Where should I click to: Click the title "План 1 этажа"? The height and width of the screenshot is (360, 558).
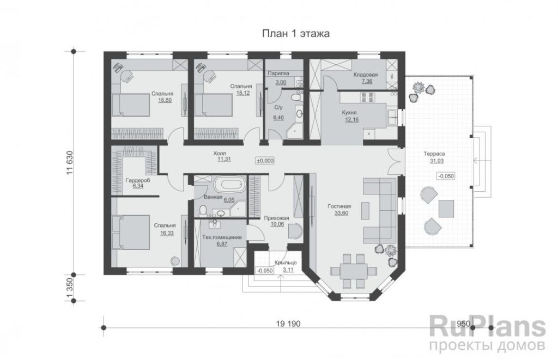pos(296,33)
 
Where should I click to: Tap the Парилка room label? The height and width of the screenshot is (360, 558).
pos(278,74)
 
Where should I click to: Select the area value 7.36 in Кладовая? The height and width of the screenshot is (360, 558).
pos(366,82)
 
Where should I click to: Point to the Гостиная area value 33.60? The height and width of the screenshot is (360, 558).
pos(341,213)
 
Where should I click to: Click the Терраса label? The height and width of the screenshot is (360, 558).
pos(434,154)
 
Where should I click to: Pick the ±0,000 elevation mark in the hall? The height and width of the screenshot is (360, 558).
pos(265,161)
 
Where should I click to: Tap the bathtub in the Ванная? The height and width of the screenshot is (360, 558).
pos(230,185)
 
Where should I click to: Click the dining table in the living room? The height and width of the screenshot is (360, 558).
pos(353,271)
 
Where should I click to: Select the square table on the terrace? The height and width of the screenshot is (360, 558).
pos(446,209)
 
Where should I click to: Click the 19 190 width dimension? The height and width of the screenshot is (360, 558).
pos(288,324)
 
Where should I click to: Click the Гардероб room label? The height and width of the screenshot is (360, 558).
pos(138,180)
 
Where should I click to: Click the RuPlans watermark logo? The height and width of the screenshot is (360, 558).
pos(488,327)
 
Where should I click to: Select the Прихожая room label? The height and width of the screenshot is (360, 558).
pos(276,218)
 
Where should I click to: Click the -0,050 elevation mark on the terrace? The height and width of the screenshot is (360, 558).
pos(446,176)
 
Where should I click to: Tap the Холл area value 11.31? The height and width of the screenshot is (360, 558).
pos(224,160)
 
